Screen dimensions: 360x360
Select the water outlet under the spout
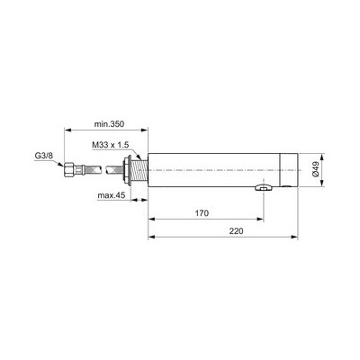pyautogui.click(x=263, y=188)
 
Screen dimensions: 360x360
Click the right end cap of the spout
pyautogui.click(x=291, y=170)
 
